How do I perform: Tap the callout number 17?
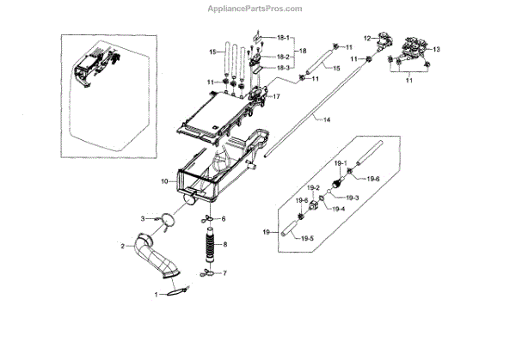click(276, 97)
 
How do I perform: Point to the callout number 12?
click(366, 38)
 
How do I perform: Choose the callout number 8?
click(225, 245)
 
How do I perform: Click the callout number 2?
click(124, 246)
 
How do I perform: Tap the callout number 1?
click(157, 295)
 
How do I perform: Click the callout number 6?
click(224, 219)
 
